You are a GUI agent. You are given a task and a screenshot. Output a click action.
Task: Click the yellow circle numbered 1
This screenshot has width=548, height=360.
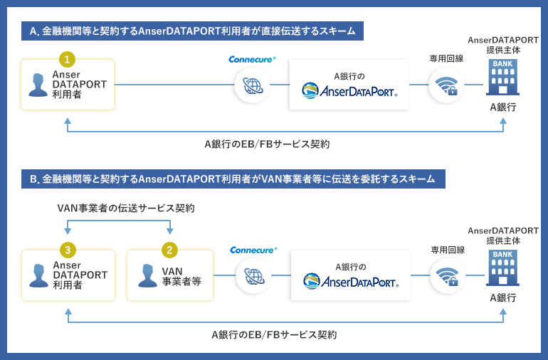67,60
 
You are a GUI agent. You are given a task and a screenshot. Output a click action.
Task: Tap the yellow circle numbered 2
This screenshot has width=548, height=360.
169,250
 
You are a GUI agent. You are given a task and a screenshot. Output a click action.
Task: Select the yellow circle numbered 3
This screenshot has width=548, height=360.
68,250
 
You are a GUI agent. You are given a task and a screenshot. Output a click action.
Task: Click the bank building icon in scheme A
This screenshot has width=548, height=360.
502,78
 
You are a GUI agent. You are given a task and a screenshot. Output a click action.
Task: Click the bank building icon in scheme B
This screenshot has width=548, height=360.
502,268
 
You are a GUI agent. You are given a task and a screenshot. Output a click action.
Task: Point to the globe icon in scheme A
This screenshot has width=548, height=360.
253,85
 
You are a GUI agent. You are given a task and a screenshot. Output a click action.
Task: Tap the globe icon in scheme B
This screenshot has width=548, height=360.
254,276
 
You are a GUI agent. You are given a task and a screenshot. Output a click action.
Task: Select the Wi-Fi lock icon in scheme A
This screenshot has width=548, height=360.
446,85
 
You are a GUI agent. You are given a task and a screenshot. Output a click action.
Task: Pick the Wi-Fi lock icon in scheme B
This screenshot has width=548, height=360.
448,276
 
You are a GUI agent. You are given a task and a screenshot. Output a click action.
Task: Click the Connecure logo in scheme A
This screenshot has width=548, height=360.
252,60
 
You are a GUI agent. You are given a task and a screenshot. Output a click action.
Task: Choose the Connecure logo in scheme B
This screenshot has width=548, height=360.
253,250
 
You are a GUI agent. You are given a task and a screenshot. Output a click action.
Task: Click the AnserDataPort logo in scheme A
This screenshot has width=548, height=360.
349,91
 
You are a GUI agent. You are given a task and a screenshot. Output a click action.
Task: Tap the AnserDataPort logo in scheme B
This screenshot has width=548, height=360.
351,281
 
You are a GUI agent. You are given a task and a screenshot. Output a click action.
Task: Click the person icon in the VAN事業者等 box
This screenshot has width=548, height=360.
147,276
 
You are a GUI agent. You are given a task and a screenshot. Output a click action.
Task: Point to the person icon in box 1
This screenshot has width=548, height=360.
38,85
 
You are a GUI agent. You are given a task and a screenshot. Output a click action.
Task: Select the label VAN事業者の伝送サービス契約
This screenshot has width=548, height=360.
126,208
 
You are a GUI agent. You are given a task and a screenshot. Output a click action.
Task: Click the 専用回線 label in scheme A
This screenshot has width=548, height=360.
446,58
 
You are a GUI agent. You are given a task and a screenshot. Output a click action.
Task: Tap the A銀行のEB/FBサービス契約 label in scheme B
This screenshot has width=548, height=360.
274,335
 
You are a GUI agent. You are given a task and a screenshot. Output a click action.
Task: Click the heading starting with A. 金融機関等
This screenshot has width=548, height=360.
192,31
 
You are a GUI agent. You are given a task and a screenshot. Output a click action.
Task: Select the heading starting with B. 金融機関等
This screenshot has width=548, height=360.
233,179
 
